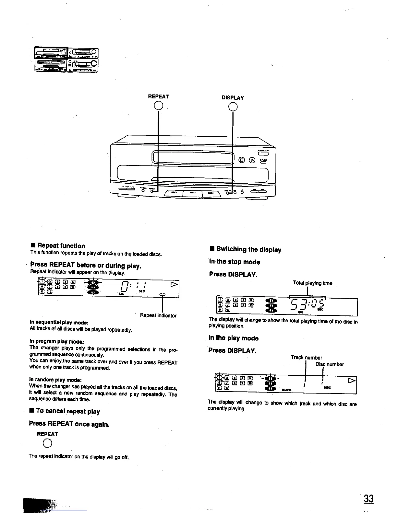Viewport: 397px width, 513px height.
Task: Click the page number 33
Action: tap(368, 498)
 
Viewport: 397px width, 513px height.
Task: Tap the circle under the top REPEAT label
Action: tap(158, 105)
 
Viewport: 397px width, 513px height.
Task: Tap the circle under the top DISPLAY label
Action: tap(233, 106)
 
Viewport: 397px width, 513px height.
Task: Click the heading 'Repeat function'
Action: tap(61, 246)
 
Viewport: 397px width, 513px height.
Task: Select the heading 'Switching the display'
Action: tap(248, 249)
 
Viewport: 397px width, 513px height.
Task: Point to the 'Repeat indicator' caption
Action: tap(158, 315)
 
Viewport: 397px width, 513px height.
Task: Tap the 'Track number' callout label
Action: tap(306, 358)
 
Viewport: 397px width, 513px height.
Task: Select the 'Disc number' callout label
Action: tap(330, 364)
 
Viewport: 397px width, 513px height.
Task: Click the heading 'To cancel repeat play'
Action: tap(68, 411)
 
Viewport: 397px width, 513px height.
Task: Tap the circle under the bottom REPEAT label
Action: tap(47, 444)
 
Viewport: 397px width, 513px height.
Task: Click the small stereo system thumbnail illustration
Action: tap(66, 60)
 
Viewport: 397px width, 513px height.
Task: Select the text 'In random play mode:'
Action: tap(55, 380)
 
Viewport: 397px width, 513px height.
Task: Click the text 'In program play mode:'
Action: tap(57, 341)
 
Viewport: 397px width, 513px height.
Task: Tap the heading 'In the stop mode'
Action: tap(235, 262)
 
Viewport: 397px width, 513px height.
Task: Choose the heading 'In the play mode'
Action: tap(234, 338)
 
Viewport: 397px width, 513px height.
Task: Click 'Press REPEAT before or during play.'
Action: tap(86, 266)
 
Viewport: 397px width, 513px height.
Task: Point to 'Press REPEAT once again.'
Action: tap(69, 424)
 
